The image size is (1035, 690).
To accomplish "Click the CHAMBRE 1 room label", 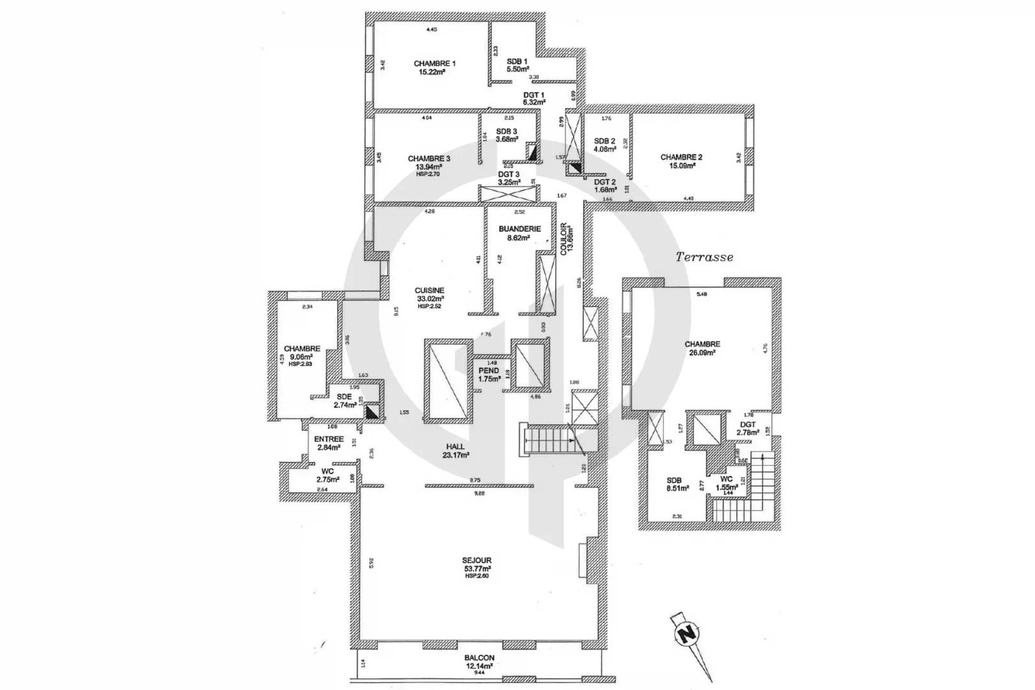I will pyautogui.click(x=434, y=63).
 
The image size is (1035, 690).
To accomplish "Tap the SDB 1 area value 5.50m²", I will pyautogui.click(x=517, y=70).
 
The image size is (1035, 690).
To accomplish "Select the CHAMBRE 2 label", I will pyautogui.click(x=681, y=157).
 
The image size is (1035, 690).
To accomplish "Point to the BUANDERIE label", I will pyautogui.click(x=520, y=229).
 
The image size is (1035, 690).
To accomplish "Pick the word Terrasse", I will pyautogui.click(x=705, y=257).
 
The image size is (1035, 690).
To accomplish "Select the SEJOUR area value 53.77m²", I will pyautogui.click(x=477, y=569).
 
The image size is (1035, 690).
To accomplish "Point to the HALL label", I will pyautogui.click(x=456, y=447).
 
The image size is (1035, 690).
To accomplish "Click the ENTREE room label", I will pyautogui.click(x=329, y=440).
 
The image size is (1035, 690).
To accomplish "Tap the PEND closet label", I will pyautogui.click(x=489, y=371).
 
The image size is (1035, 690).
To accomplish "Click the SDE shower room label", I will pyautogui.click(x=344, y=397).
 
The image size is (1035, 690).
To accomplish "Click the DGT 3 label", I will pyautogui.click(x=509, y=173).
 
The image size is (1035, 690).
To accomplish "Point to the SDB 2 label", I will pyautogui.click(x=604, y=141).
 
